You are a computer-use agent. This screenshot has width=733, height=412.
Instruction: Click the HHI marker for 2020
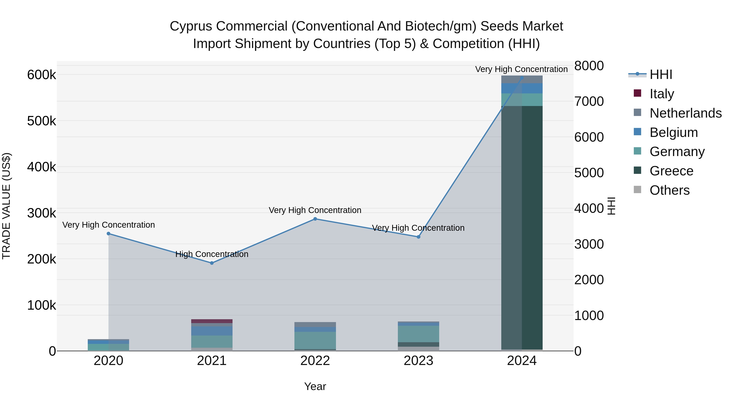tap(108, 234)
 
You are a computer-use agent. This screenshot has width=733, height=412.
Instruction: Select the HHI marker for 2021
tap(212, 263)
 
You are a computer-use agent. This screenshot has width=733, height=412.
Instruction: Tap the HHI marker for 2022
tap(315, 219)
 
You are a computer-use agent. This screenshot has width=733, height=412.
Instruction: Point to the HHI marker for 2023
tap(418, 237)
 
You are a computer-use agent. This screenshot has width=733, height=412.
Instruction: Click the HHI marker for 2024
tap(522, 78)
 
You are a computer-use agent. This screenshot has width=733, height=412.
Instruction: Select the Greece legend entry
tap(671, 171)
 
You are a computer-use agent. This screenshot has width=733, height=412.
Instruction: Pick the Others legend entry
tap(669, 190)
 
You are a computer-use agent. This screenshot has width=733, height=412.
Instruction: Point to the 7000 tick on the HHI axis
tap(589, 101)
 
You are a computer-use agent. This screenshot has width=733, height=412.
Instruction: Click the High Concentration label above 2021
tap(212, 254)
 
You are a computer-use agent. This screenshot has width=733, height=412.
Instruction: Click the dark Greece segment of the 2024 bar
tap(522, 227)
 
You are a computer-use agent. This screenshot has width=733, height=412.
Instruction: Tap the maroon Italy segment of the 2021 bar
tap(212, 321)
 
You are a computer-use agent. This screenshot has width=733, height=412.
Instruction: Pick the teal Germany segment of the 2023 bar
tap(418, 334)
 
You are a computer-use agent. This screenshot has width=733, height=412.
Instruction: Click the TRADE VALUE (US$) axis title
tap(6, 206)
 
